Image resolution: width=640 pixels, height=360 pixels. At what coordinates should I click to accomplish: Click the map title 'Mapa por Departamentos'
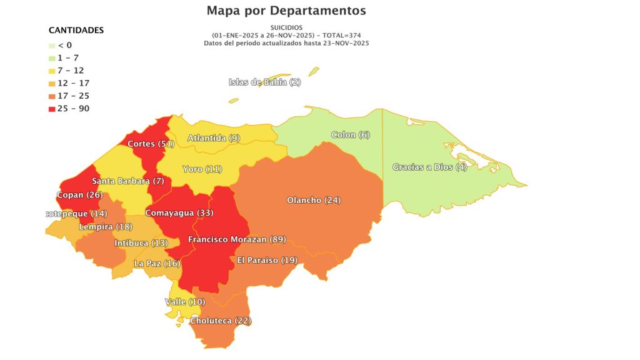(286, 11)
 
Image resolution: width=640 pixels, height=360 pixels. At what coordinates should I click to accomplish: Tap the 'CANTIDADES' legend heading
(76, 30)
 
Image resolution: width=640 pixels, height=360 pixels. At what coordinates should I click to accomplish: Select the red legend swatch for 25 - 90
(52, 109)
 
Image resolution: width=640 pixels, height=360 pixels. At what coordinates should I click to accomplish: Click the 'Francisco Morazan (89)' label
(237, 239)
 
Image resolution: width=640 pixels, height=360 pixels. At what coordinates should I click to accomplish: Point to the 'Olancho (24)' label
(313, 200)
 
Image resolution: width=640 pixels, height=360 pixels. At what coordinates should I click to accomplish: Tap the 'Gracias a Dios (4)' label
(429, 167)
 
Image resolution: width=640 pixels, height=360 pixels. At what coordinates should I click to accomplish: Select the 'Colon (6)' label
(350, 135)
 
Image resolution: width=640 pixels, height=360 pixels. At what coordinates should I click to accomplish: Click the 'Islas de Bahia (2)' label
(264, 82)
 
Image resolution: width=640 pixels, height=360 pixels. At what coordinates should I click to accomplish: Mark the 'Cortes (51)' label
(150, 144)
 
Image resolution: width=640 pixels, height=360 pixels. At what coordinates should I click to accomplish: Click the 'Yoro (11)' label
(202, 169)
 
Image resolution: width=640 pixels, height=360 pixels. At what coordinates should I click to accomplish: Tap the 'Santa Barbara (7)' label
(127, 181)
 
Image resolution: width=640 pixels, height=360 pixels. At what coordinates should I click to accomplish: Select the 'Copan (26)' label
(79, 194)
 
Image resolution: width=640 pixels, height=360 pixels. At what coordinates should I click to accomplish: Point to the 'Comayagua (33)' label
(179, 212)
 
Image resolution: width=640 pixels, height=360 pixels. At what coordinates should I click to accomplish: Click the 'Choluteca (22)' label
(220, 321)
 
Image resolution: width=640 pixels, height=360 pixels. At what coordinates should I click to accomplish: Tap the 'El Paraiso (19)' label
(267, 260)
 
